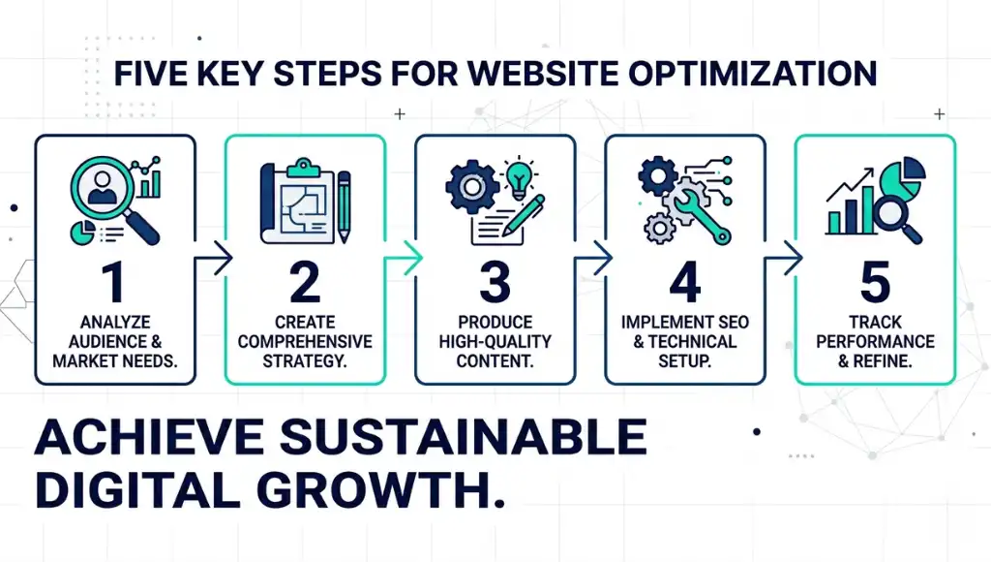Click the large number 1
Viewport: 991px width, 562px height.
(114, 282)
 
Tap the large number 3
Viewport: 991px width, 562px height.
(495, 282)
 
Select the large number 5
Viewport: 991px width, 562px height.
(875, 282)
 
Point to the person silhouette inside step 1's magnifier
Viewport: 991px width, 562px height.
(100, 189)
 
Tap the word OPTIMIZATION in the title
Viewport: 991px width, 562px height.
(770, 76)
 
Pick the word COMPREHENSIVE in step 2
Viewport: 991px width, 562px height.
(305, 341)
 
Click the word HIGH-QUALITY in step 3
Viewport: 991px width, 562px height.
(495, 341)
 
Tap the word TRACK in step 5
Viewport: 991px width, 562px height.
(875, 322)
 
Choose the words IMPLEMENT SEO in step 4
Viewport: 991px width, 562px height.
(684, 322)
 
